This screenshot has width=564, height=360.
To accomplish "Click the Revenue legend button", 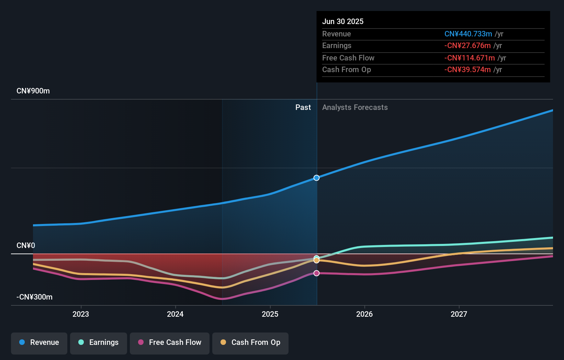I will pos(39,342).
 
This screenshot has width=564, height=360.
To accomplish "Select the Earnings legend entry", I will pos(99,342).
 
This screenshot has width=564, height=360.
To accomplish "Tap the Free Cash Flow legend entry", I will pos(170,342).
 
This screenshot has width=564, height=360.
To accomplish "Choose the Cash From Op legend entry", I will pos(250,342).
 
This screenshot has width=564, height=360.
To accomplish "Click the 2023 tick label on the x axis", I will pos(81,314).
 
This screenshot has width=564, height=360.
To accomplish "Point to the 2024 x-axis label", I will pos(175,314).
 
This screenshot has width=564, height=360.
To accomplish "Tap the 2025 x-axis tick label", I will pos(270,314).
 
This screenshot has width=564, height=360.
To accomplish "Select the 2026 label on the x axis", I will pos(364,314).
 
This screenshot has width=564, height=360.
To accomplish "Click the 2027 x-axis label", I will pos(459,314).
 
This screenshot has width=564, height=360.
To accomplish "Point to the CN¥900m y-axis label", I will pos(33,91).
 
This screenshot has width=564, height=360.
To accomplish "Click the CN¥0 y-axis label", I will pos(26,246).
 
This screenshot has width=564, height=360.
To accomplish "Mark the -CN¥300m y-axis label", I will pos(34,297).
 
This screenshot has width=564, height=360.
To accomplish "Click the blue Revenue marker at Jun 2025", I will pos(317,178).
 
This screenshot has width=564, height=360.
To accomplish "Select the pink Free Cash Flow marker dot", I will pos(317,273).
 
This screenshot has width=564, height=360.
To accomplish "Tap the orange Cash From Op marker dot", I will pos(317,260).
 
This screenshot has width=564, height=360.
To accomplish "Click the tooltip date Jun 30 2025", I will pos(343,22).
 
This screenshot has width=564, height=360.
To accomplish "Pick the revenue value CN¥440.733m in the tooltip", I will pos(468,34).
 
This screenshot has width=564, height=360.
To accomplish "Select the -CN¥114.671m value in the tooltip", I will pos(470,58).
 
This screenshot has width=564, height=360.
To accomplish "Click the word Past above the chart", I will pos(303,108).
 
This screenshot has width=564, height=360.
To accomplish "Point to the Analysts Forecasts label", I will pos(355,108).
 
